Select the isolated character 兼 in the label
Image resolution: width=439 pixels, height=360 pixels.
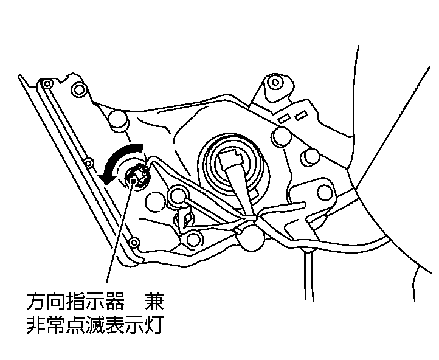point(154,301)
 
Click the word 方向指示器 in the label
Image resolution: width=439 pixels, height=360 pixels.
point(75,301)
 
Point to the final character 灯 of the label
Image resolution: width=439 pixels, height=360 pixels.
point(154,325)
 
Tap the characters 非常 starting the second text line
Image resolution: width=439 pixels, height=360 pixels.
point(46,325)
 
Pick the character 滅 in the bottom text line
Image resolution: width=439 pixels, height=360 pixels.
point(95,325)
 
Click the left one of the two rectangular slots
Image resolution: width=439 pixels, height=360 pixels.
point(283,119)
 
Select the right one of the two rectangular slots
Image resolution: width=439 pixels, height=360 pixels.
point(300,116)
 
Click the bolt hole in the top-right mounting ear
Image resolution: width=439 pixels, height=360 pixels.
point(275,83)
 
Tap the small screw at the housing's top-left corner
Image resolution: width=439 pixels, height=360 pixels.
point(47,83)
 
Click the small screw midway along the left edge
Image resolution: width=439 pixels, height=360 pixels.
point(88,163)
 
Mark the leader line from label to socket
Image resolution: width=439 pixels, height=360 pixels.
point(119,232)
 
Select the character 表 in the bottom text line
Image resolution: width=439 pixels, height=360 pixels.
point(114,325)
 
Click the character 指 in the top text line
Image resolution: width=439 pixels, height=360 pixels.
point(75,301)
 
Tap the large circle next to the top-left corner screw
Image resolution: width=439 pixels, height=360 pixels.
point(79,89)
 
